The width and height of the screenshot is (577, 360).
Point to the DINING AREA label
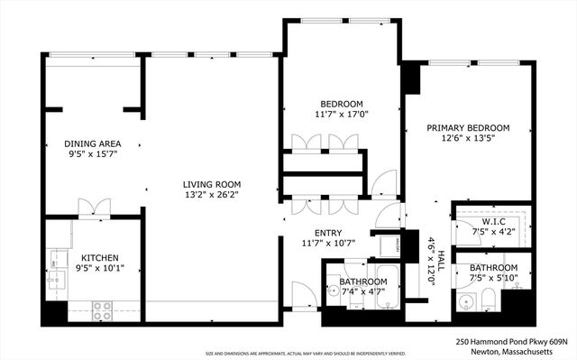point(92,143)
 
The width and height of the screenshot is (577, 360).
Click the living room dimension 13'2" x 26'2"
point(212,194)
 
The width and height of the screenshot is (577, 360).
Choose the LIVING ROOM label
point(212,182)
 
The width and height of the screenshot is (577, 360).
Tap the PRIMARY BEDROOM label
point(468,128)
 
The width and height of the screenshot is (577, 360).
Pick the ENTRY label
point(328,232)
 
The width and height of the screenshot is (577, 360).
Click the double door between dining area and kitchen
point(94,207)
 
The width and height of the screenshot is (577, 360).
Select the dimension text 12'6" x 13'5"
point(468,139)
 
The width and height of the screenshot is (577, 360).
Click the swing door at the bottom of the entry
point(303,294)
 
